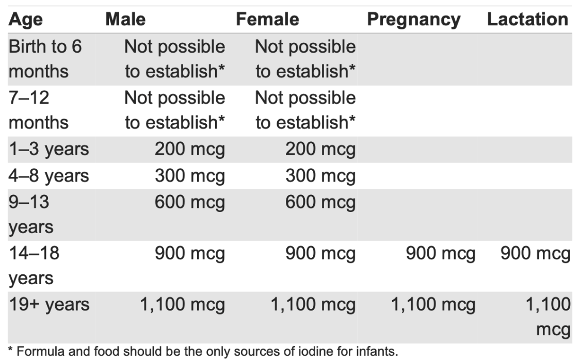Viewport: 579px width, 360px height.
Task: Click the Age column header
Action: [26, 20]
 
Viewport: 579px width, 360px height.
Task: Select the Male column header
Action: [125, 20]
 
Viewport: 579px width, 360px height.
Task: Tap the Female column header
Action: [267, 20]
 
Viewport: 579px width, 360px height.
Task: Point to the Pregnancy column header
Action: [414, 20]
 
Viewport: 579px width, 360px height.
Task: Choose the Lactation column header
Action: [527, 20]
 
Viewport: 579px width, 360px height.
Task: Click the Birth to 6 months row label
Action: [45, 59]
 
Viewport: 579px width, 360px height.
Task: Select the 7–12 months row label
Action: [39, 110]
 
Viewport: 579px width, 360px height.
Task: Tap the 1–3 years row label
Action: [49, 150]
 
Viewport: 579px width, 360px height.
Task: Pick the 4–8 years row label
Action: [49, 176]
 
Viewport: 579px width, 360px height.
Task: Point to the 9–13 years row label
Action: [31, 214]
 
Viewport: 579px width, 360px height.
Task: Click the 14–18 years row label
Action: [34, 266]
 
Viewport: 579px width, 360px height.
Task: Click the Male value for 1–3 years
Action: [190, 150]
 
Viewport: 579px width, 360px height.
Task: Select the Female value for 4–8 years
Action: [320, 176]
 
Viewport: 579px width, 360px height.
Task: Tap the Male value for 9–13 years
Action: [190, 202]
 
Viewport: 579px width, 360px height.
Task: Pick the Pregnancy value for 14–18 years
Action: [440, 254]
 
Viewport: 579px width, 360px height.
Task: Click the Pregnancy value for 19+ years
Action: [432, 304]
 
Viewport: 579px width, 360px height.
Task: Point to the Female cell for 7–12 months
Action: [305, 110]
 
